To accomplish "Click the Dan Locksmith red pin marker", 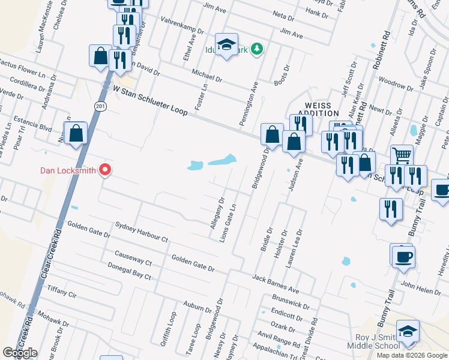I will click(105, 170).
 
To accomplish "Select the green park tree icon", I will click(257, 48).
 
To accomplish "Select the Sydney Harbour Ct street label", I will click(142, 232).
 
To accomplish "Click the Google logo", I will click(20, 353).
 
